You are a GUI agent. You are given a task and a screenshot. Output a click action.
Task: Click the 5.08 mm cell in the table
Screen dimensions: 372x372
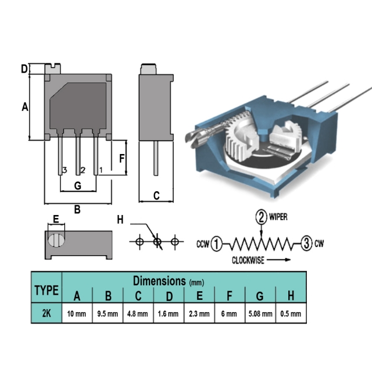[260, 314]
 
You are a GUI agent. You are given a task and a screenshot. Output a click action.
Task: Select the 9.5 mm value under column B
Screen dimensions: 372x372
[108, 314]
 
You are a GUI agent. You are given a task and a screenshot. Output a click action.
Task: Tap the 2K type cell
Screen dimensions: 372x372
[46, 313]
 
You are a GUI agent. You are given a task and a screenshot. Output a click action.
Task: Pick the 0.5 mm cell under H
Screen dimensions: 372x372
[291, 314]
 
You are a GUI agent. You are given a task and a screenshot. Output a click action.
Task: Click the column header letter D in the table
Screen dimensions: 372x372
[169, 296]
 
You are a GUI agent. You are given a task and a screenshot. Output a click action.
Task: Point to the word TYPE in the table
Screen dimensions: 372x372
[46, 290]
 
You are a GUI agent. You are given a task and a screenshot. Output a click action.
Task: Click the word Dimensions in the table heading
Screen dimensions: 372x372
[159, 281]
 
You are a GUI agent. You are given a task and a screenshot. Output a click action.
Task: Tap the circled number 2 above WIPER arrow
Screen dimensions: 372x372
[261, 217]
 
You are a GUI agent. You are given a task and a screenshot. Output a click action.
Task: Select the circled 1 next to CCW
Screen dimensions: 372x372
[216, 244]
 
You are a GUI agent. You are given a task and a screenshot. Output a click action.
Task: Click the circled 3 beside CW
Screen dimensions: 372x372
[306, 244]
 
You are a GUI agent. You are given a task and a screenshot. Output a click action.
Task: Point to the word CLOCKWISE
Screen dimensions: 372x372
[248, 260]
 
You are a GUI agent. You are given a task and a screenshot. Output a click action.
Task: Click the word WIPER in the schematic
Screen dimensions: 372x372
[278, 217]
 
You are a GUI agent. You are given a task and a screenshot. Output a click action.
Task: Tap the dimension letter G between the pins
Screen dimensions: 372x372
[78, 186]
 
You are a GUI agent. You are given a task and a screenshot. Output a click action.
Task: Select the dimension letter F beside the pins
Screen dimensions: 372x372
[121, 158]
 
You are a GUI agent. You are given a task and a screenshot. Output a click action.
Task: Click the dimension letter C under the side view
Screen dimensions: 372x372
[156, 196]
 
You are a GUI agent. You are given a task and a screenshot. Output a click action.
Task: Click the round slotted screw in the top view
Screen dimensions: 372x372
[56, 240]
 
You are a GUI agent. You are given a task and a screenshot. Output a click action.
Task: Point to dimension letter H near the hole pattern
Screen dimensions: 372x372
[120, 220]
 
